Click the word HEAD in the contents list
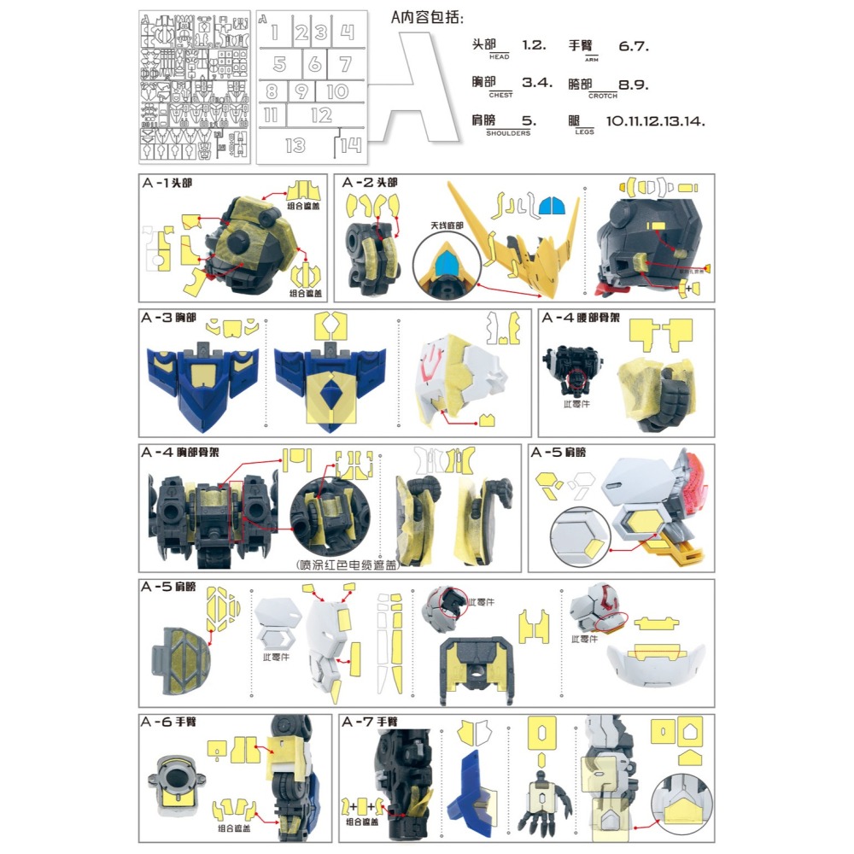pos(500,57)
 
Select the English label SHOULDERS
pos(508,133)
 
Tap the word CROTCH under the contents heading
pos(602,96)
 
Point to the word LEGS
pos(584,132)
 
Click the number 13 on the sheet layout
pos(295,145)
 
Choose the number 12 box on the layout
pos(321,115)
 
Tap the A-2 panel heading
pos(370,183)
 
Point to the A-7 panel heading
pos(371,722)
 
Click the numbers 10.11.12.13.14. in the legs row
pos(655,121)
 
